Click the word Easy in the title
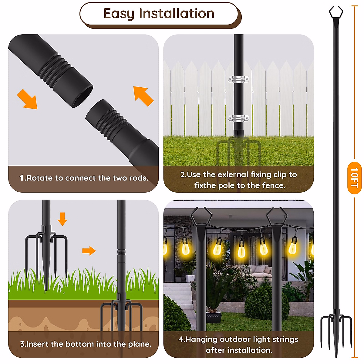(x=119, y=14)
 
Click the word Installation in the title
(x=177, y=14)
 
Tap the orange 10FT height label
(x=354, y=178)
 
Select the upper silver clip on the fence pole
(x=238, y=79)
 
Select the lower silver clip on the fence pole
(x=238, y=118)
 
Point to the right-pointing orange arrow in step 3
(x=89, y=251)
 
